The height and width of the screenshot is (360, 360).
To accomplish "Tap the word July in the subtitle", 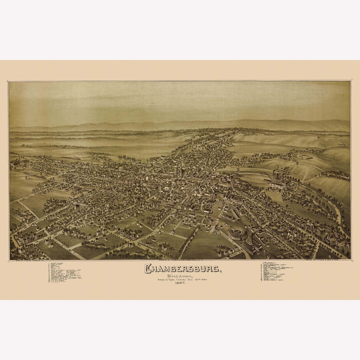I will [x=193, y=279].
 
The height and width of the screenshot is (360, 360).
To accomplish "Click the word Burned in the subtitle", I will [x=162, y=279].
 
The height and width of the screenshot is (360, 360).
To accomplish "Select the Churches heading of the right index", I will [x=271, y=263].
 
